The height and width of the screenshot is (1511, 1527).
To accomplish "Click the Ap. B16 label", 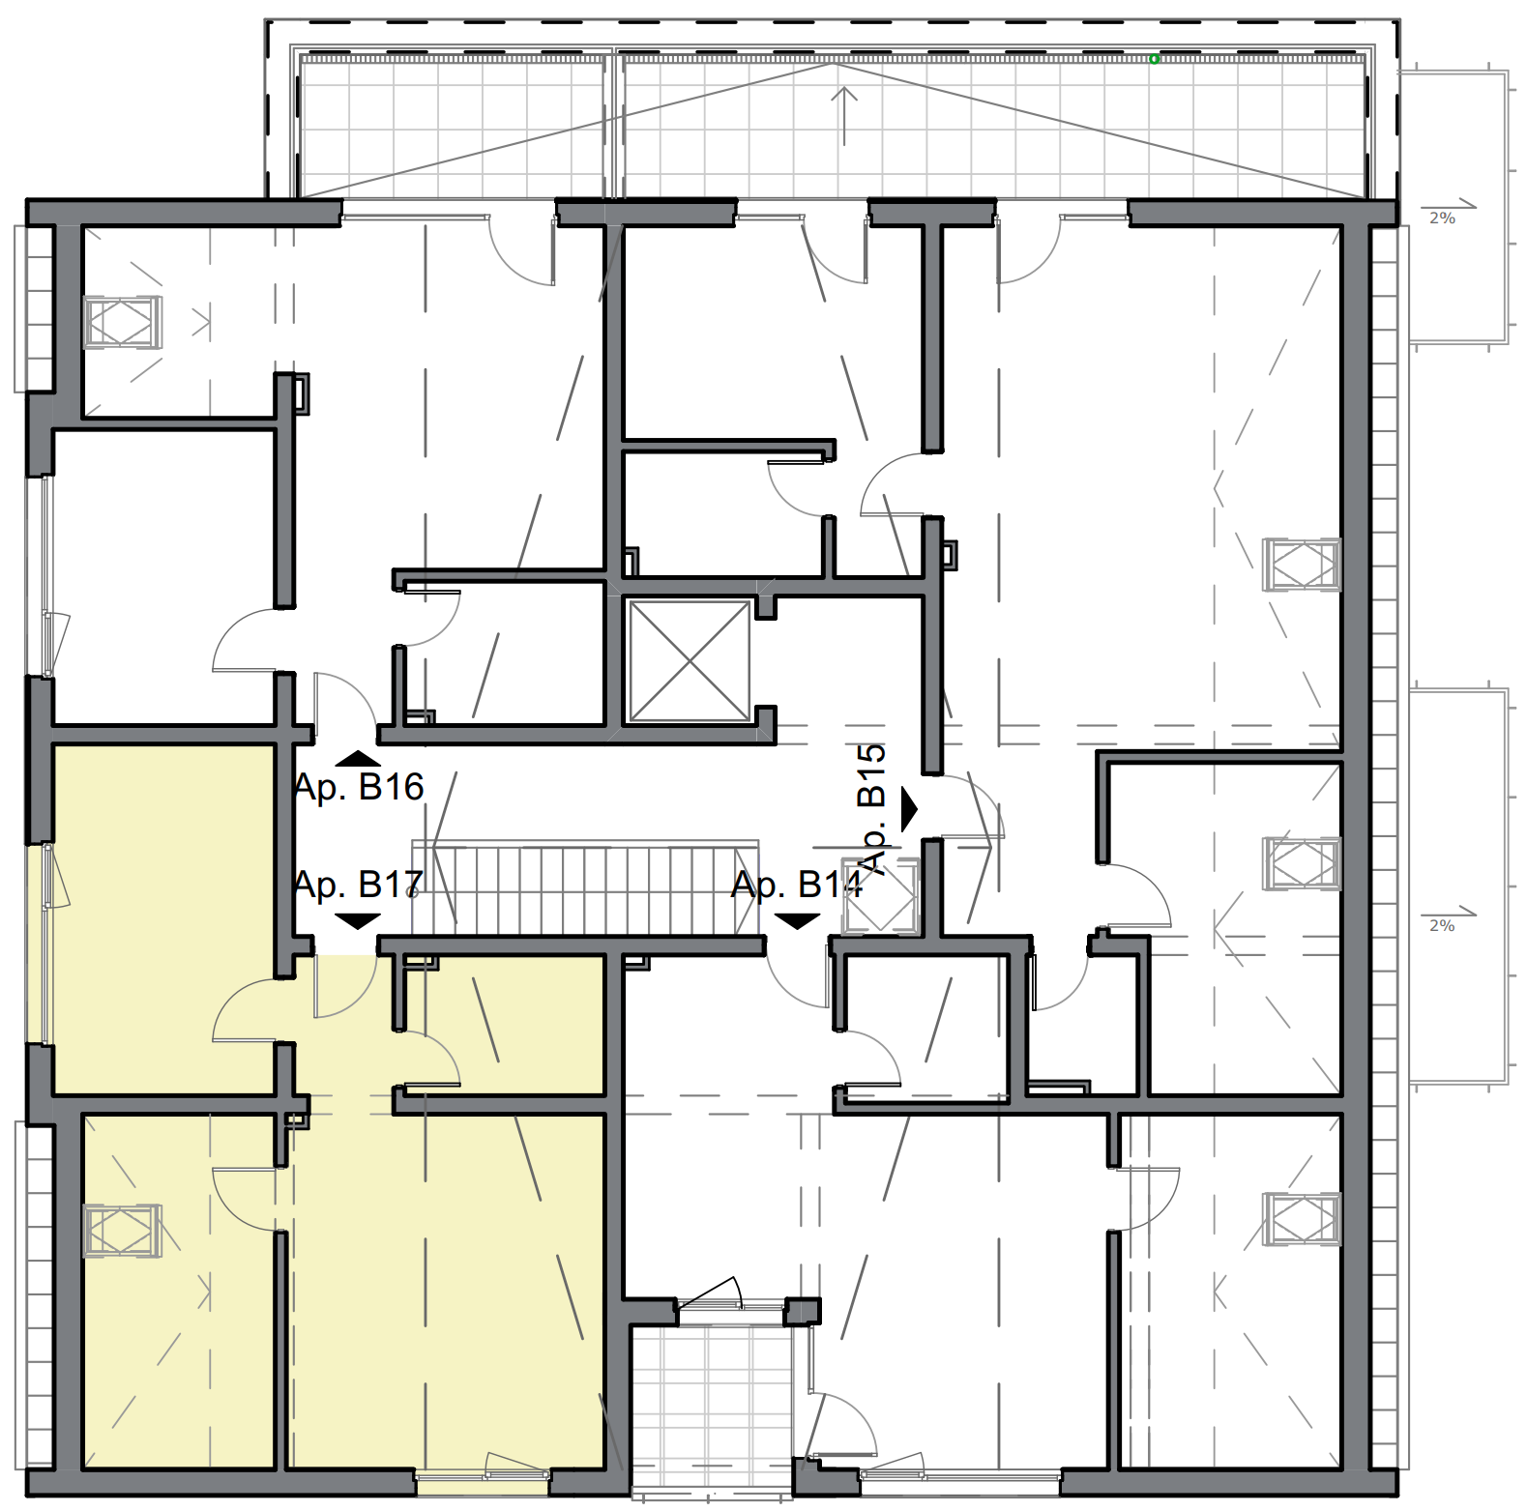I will point(359,788).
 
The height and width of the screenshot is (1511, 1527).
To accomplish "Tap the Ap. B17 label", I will point(359,885).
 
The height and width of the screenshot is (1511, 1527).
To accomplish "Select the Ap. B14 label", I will point(797,885).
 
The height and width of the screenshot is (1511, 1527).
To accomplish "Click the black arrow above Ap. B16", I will point(358,758).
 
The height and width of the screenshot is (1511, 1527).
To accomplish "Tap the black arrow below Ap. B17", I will point(358,920).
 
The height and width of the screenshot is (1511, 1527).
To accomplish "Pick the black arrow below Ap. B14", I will point(797,920).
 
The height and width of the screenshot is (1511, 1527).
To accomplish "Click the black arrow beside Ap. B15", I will point(908,809).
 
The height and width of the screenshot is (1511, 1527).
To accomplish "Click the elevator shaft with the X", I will point(690,661).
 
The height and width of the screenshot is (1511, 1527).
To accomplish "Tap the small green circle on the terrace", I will point(1154,59).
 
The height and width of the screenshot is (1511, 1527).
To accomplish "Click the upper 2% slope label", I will point(1442,218).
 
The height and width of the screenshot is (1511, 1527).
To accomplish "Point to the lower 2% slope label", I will point(1442,926).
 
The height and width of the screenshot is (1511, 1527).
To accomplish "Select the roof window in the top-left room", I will point(122,322).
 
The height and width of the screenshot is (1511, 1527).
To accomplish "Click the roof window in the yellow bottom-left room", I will point(122,1231).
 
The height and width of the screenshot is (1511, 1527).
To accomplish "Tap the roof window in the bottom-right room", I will point(1302,1219).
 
